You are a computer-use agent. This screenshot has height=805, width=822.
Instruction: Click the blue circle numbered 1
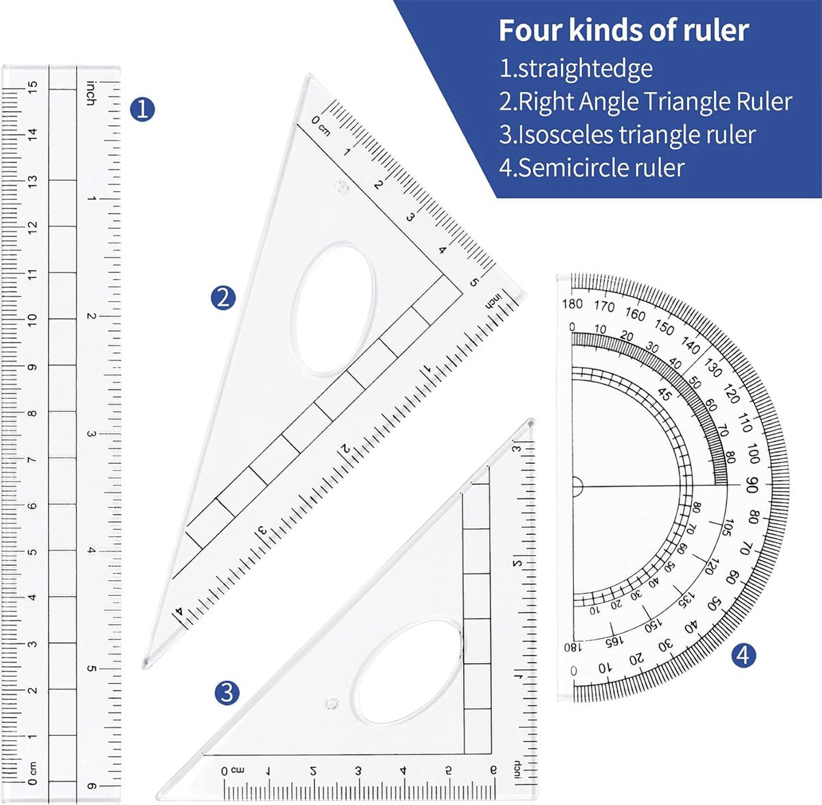coord(142,109)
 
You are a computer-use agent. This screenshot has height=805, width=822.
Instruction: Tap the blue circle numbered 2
coord(223,297)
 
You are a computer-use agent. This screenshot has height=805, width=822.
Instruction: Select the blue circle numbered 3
coord(227,693)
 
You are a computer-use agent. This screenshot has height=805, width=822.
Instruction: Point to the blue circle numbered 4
coord(743,656)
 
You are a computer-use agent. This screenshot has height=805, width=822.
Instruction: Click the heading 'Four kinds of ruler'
coord(623,31)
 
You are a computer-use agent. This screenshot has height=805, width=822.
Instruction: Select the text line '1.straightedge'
coord(575,69)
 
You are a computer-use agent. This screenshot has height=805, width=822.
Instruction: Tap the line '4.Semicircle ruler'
coord(592,168)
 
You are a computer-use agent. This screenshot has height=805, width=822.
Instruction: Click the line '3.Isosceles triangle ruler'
coord(627,135)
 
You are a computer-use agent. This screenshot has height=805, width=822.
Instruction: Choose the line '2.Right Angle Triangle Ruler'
coord(645,102)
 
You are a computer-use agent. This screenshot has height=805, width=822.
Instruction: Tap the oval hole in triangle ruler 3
coord(410,672)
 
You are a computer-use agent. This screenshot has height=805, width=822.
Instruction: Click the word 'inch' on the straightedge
coord(90,93)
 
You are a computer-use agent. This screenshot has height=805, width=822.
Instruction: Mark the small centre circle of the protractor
coord(575,487)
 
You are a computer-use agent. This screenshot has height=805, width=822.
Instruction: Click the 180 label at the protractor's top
coord(572,304)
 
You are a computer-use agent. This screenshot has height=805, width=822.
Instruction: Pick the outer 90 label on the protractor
coord(751,485)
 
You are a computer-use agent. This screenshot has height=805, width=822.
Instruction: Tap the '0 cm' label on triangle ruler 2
coord(321,125)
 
